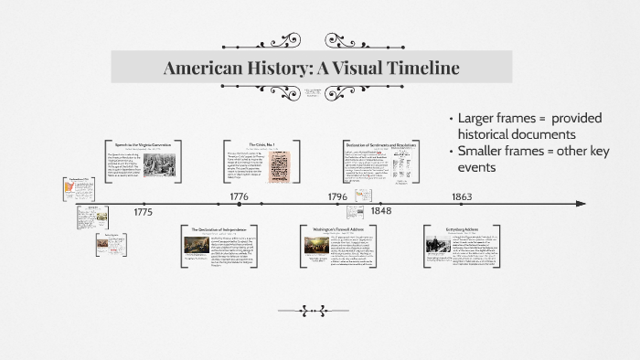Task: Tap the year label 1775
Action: click(x=143, y=212)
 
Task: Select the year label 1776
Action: click(x=240, y=196)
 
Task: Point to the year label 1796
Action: click(x=337, y=196)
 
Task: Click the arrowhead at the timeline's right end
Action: click(x=580, y=204)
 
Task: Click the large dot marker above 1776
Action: click(x=240, y=204)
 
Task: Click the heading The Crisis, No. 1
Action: click(x=262, y=144)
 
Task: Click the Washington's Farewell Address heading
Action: click(x=340, y=228)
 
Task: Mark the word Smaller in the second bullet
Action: click(x=483, y=151)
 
